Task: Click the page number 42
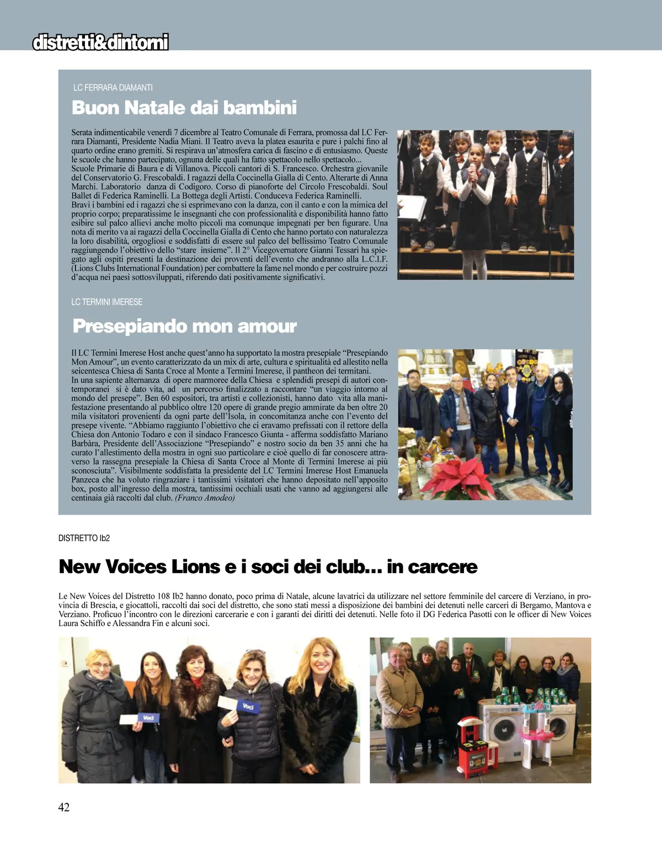[64, 807]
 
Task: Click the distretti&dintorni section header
[100, 42]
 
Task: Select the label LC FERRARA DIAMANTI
[113, 88]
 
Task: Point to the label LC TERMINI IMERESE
[107, 302]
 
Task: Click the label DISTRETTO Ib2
[84, 538]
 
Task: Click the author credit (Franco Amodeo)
[205, 498]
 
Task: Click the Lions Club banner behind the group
[526, 362]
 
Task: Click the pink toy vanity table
[535, 728]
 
